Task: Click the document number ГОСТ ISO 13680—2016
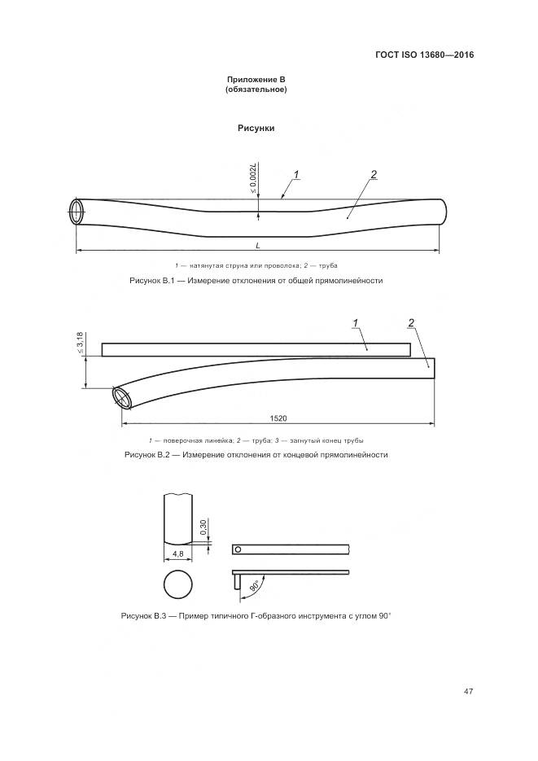pos(425,55)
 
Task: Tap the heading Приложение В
pos(256,80)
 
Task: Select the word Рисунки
pos(256,128)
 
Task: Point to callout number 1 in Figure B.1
pos(296,174)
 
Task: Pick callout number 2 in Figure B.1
pos(374,175)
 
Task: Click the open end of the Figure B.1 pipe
pos(77,212)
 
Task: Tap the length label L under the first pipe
pos(257,246)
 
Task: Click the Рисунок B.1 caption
pos(256,281)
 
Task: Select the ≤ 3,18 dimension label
pos(80,343)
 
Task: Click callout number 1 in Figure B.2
pos(356,323)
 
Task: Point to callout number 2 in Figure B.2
pos(411,323)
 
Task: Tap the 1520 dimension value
pos(278,418)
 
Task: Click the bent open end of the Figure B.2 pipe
pos(122,398)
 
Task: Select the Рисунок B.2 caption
pos(256,455)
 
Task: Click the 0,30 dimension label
pos(204,527)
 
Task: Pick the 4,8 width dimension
pos(178,553)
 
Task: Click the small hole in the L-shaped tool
pos(238,549)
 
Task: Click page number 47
pos(468,691)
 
